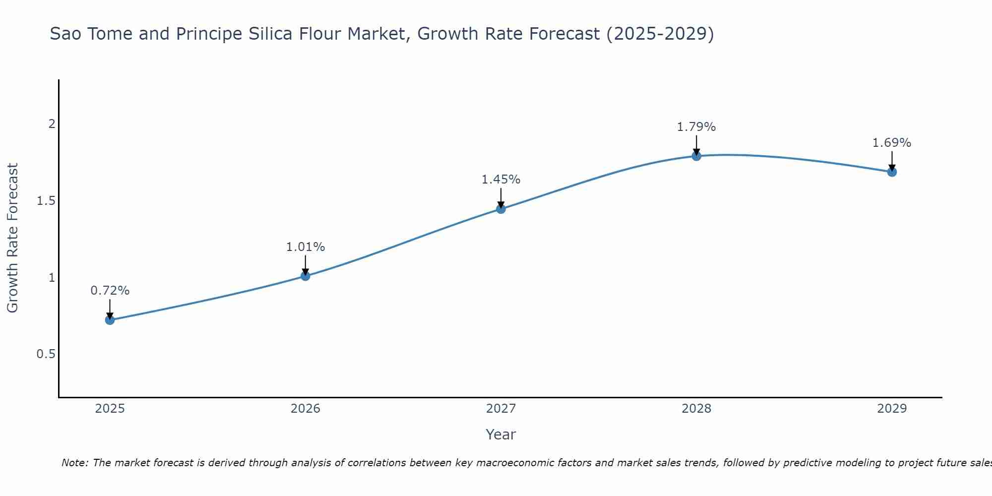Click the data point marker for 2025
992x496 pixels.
(110, 320)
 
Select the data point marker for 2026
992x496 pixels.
(306, 276)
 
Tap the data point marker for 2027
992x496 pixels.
(501, 209)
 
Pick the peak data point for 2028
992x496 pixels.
(696, 156)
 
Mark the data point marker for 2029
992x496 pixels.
(892, 172)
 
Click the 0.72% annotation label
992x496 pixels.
(110, 291)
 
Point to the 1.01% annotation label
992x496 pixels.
(306, 247)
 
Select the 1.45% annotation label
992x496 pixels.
(501, 180)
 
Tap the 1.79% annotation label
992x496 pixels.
(696, 127)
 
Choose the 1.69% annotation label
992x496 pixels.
(892, 143)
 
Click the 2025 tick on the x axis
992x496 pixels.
(110, 409)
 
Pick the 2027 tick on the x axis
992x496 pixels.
(501, 409)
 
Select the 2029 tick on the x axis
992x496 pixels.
(892, 409)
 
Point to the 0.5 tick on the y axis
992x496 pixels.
(46, 354)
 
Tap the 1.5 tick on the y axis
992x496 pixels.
(46, 201)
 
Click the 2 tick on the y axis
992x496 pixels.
(52, 124)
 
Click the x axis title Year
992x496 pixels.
(501, 434)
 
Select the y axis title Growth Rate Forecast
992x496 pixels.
(13, 238)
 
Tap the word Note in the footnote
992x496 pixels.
(74, 463)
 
